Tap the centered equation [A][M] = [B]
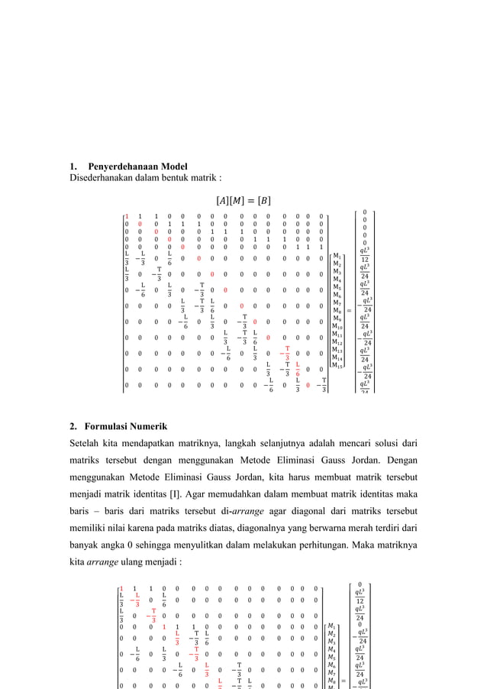[x=243, y=201]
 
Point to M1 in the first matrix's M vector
[x=338, y=255]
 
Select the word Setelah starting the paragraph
[x=87, y=442]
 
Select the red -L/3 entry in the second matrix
[x=137, y=599]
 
